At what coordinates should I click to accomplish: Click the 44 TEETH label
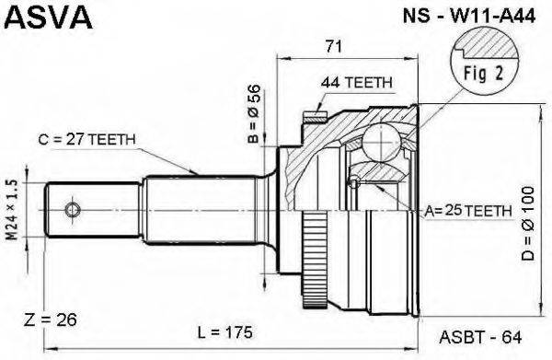357,82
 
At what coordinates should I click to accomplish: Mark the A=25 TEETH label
468,211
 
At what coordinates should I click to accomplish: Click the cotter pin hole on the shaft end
72,211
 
